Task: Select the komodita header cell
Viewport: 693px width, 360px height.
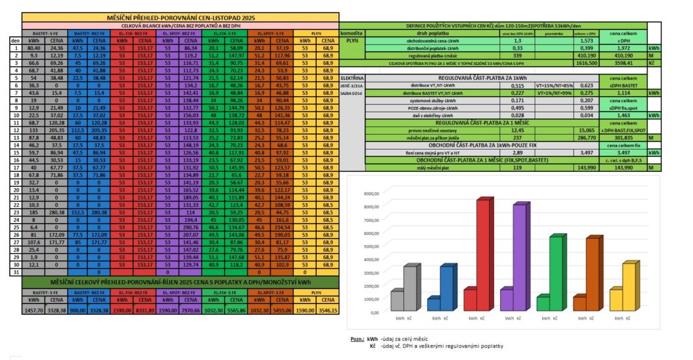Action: [353, 32]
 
